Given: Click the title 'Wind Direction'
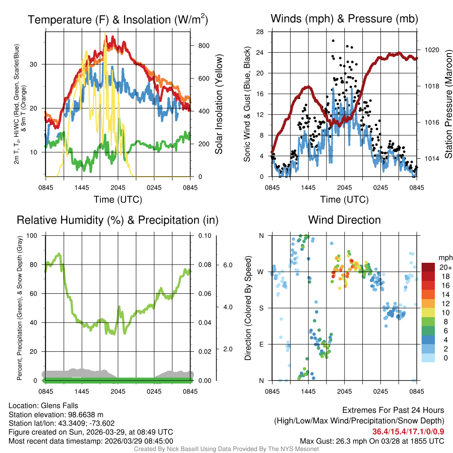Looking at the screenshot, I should [344, 220].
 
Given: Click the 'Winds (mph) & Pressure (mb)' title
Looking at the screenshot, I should [344, 19].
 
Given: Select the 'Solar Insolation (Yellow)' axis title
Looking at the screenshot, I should [219, 104].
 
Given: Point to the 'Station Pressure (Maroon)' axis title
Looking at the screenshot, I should [448, 104].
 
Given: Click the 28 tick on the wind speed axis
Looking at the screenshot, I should [260, 31].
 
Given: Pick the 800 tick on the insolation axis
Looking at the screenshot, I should [203, 46].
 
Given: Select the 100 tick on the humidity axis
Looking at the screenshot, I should [32, 235].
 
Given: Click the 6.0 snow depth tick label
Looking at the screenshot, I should [227, 265].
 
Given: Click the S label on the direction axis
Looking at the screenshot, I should [261, 308].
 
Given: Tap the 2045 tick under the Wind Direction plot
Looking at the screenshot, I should [344, 392].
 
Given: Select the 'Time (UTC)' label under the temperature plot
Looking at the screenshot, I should [118, 200].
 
